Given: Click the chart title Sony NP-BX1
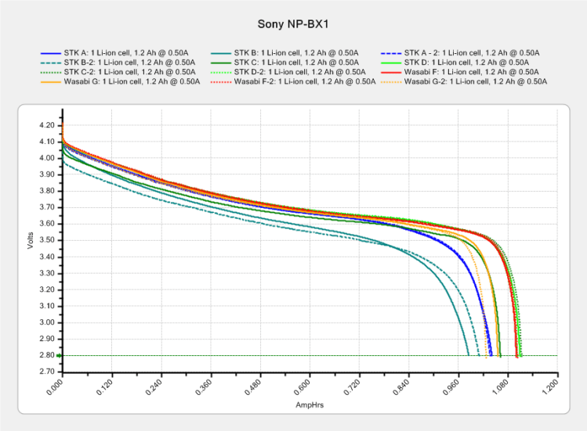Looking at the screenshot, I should (293, 23).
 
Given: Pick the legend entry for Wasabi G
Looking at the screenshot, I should (115, 81).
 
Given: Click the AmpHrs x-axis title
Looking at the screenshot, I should (306, 406).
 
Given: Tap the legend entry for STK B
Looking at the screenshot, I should (285, 52).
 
